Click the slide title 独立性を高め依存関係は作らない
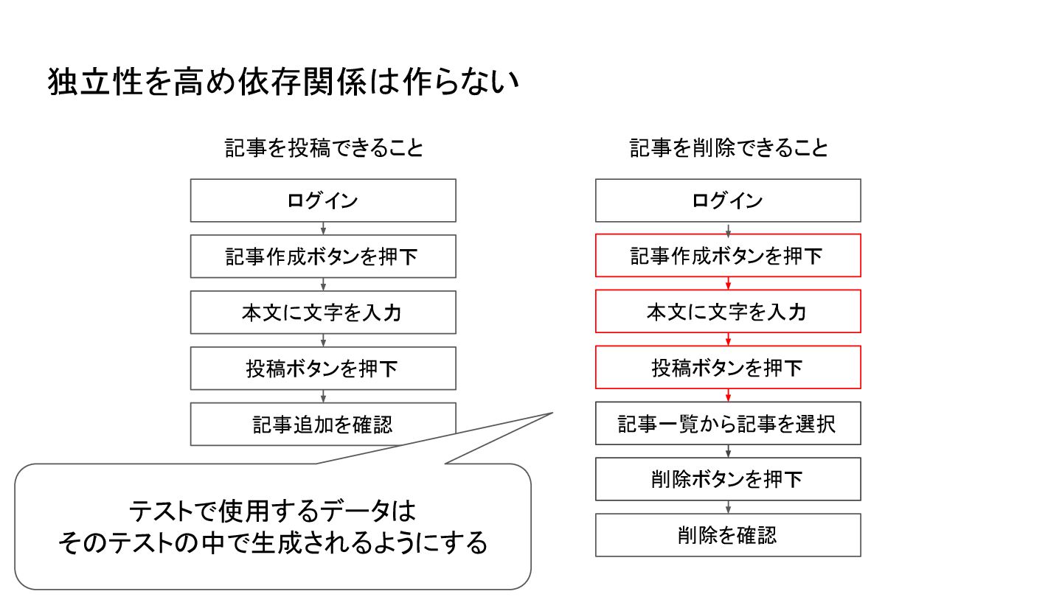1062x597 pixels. [x=284, y=83]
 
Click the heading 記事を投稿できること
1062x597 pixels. [x=324, y=148]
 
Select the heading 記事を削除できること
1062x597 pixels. [x=729, y=148]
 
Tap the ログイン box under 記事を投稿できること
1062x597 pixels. [x=323, y=200]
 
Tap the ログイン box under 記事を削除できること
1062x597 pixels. [x=728, y=200]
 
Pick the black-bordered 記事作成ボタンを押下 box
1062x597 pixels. [x=323, y=256]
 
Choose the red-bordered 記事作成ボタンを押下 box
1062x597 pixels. [x=728, y=256]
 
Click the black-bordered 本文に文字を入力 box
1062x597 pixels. [x=323, y=313]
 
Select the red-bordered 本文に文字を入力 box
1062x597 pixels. [x=728, y=312]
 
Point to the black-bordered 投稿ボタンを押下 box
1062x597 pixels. [x=323, y=369]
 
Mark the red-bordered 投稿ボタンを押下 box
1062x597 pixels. [x=728, y=368]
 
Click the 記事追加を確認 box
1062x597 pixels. [x=323, y=425]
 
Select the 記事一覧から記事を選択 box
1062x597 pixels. [x=728, y=424]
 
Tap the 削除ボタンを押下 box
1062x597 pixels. [x=728, y=480]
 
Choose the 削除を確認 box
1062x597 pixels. [x=728, y=536]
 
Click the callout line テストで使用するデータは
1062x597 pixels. [x=273, y=510]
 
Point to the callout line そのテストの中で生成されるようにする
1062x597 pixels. [x=273, y=543]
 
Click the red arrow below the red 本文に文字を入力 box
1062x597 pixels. [x=728, y=340]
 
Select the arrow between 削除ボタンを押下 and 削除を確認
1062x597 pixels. [x=728, y=507]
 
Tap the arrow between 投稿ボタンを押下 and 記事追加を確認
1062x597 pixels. [x=323, y=397]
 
